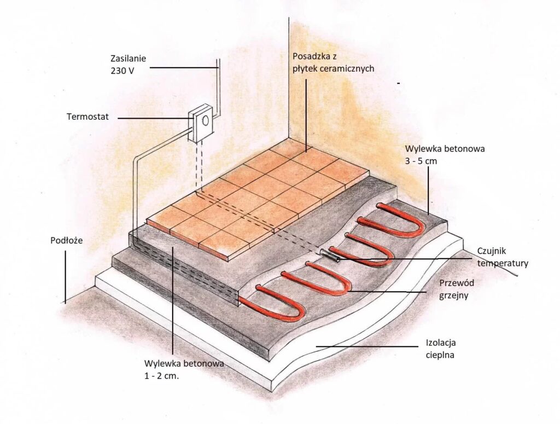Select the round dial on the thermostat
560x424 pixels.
[205, 119]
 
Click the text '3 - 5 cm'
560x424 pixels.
[422, 161]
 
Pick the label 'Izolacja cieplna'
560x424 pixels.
[441, 349]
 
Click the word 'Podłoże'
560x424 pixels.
[63, 240]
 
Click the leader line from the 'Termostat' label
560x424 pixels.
[153, 118]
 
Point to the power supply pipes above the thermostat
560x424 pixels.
[218, 88]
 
